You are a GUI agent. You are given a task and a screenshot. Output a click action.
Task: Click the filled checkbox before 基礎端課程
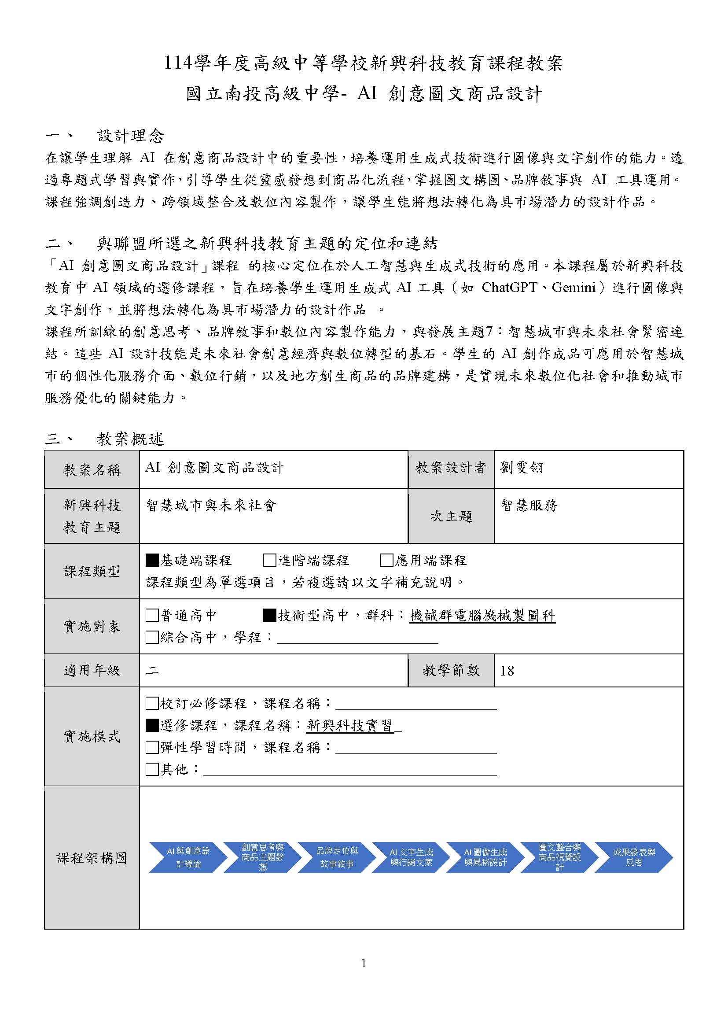point(152,560)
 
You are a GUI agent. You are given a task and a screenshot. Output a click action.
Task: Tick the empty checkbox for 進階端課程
point(269,560)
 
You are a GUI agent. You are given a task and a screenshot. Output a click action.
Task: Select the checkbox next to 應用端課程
point(386,560)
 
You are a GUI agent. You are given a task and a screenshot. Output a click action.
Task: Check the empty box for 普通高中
point(152,616)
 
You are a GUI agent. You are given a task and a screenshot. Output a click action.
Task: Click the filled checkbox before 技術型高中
point(269,616)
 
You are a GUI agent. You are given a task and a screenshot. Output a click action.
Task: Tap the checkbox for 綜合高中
point(152,637)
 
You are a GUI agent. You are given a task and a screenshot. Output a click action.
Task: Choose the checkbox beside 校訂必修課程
point(152,703)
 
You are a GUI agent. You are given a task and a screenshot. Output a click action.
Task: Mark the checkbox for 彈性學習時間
point(152,747)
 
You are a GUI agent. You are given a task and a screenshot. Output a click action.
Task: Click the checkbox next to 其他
point(152,769)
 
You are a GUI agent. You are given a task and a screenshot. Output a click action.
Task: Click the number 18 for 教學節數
point(507,671)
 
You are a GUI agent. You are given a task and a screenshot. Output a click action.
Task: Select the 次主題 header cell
point(451,517)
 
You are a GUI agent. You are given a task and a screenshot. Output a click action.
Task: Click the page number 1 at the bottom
point(364,963)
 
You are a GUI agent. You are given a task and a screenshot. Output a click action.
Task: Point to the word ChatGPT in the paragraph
point(509,288)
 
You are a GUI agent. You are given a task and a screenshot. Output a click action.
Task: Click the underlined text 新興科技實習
point(349,725)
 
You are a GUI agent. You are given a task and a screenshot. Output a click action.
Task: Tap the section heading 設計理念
point(130,136)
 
